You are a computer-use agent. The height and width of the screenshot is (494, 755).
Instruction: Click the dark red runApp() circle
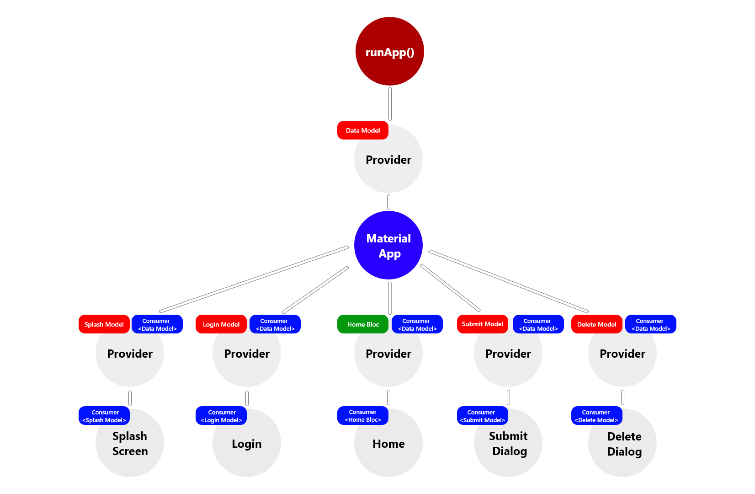389,51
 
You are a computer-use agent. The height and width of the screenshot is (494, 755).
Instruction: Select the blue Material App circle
388,245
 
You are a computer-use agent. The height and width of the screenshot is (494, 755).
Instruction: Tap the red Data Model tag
362,130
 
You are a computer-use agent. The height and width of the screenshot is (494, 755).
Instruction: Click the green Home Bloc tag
362,324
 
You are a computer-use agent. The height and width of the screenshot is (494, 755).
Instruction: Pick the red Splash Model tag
104,324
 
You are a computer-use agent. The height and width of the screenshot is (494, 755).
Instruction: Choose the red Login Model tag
221,324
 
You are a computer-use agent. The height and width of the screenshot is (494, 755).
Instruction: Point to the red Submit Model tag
482,324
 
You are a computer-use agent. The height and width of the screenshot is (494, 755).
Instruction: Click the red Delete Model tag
596,324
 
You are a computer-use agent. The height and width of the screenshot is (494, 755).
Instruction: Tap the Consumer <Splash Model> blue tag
104,416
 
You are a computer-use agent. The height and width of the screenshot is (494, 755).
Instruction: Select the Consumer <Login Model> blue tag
221,416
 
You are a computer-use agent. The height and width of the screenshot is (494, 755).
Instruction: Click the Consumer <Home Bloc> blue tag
362,416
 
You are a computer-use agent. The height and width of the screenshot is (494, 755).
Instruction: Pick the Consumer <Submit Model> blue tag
482,416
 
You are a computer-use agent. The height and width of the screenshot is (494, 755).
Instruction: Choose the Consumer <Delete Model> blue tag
596,416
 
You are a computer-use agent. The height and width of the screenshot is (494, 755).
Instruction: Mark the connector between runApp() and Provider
390,104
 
